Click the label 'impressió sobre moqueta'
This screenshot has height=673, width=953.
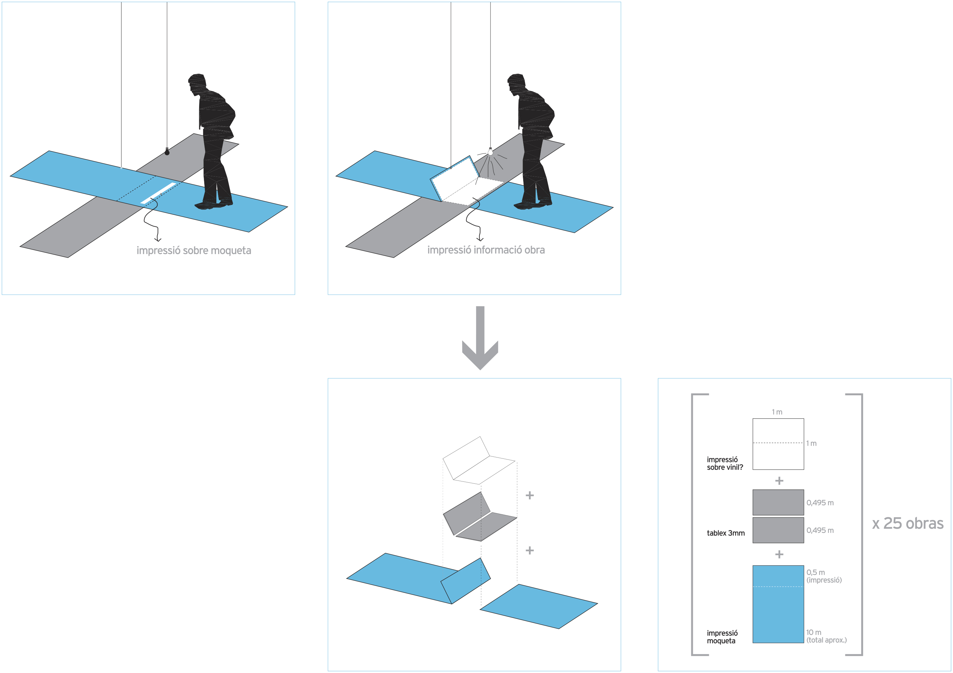[x=194, y=250]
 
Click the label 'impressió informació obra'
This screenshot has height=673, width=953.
[x=486, y=250]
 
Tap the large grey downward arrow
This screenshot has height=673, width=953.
[x=480, y=338]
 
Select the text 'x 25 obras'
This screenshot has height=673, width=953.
[x=908, y=523]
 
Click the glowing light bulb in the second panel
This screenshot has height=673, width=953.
[x=490, y=152]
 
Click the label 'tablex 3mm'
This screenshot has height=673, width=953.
[x=725, y=533]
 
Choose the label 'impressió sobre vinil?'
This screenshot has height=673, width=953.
[x=725, y=463]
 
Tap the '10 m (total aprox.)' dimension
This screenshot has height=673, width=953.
[x=826, y=636]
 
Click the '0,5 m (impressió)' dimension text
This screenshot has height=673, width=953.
[x=824, y=576]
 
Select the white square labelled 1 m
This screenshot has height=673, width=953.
[x=778, y=444]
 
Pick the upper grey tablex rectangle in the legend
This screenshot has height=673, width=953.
[x=778, y=503]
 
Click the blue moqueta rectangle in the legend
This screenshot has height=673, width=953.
[x=778, y=604]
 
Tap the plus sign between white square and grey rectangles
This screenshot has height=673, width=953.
[x=779, y=480]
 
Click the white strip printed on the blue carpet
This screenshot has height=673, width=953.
[x=159, y=193]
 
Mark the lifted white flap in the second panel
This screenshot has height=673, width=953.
[x=455, y=178]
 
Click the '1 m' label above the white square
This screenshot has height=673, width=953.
[x=777, y=412]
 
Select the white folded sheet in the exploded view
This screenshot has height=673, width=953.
[x=479, y=460]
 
